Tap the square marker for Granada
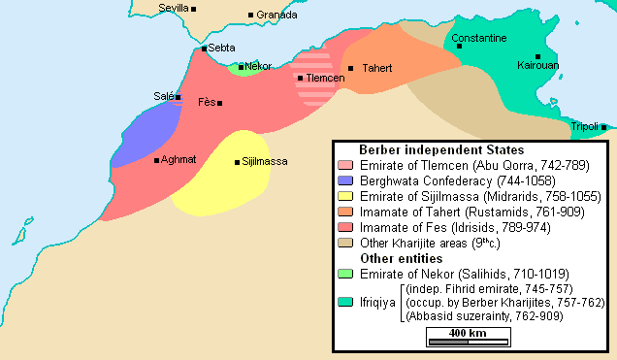(x=250, y=16)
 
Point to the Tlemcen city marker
(x=301, y=78)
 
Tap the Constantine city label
(x=478, y=38)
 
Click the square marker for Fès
(x=220, y=103)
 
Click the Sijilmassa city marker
(x=237, y=162)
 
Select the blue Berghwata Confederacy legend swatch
(x=344, y=181)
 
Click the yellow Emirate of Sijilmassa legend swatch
(x=344, y=197)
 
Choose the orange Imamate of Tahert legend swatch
(x=344, y=212)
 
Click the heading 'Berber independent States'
(x=440, y=150)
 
